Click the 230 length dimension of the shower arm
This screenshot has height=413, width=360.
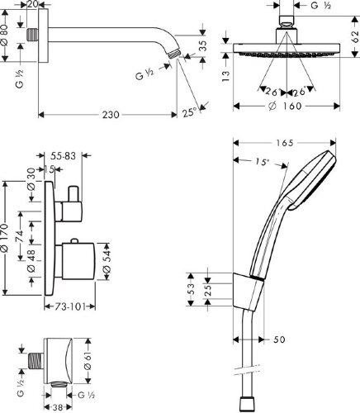coord(111,115)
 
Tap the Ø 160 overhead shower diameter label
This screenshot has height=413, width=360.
coord(285,106)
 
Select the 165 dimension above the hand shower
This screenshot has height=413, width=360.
coord(285,143)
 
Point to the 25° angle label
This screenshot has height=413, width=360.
coord(190,112)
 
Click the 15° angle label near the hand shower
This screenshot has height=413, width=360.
coord(261,162)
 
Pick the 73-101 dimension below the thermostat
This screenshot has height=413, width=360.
coord(69,306)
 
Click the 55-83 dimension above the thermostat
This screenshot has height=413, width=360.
coord(63,156)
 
